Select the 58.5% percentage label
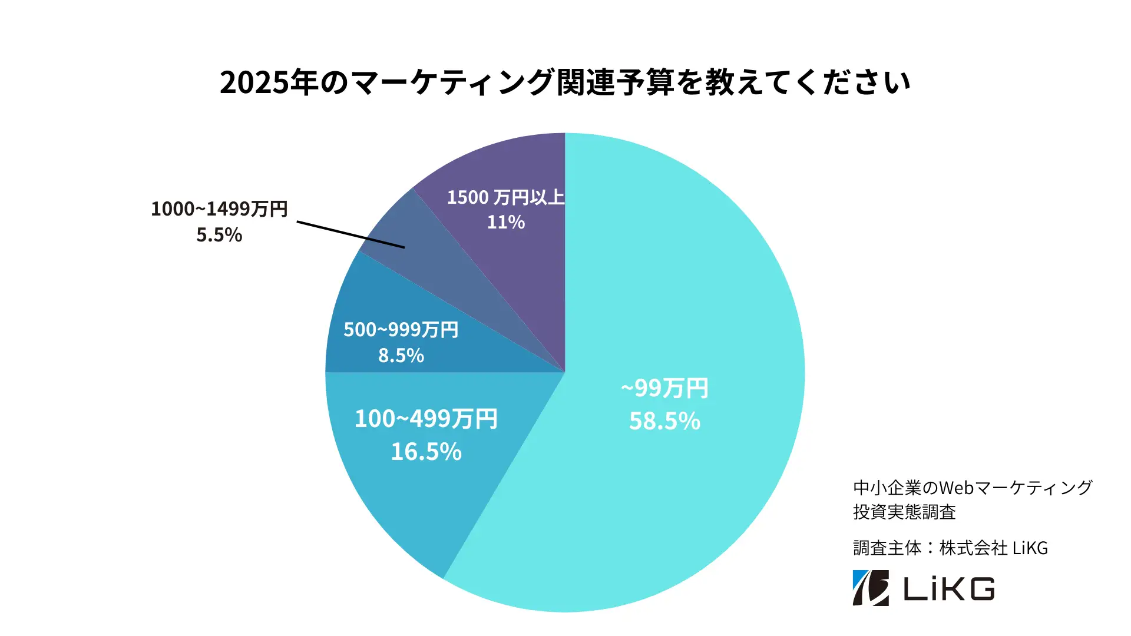point(664,421)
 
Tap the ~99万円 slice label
point(664,389)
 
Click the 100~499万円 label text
point(426,419)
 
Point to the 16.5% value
point(426,452)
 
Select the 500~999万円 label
point(401,330)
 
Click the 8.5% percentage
point(401,356)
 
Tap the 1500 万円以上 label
point(505,197)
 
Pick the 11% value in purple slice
point(505,223)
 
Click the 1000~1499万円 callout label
point(219,209)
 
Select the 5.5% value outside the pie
point(219,235)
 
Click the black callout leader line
point(350,234)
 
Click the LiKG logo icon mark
point(871,588)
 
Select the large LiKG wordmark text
point(949,589)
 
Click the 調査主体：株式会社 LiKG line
point(950,548)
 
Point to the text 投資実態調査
point(904,512)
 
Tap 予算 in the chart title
point(645,82)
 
